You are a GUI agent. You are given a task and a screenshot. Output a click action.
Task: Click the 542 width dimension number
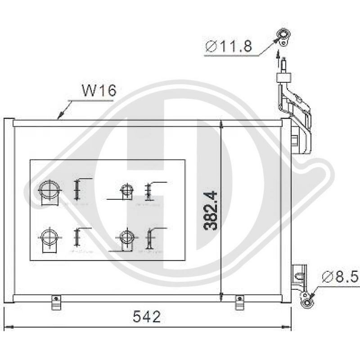tap(147, 317)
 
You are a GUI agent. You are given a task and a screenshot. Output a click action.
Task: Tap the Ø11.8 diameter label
tap(228, 46)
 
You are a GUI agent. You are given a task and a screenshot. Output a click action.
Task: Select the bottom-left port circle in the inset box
tap(48, 236)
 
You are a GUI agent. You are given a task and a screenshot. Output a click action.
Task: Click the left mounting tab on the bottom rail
tap(56, 302)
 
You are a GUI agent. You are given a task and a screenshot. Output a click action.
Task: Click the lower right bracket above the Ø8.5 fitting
tap(299, 277)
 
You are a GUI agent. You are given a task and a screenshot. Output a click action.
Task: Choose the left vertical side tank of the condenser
tap(9, 209)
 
